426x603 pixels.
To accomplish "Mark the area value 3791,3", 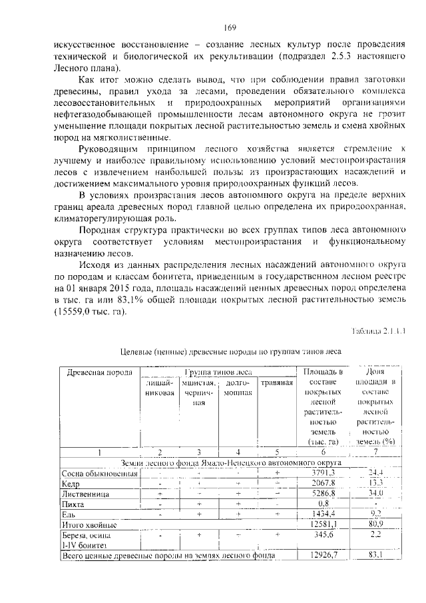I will (x=323, y=473).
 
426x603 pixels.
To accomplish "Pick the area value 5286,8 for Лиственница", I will (x=323, y=494).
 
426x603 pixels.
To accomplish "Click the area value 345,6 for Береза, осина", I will (x=323, y=535).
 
